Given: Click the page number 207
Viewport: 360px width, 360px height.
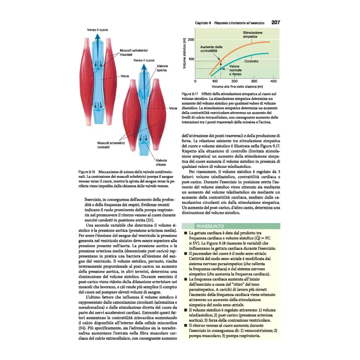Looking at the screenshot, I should pos(276,22).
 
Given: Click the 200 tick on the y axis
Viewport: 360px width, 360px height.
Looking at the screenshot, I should pos(191,40).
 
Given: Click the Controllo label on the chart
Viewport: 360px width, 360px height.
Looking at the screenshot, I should pos(251,61).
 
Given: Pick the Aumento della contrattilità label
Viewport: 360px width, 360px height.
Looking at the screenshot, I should pos(212,49).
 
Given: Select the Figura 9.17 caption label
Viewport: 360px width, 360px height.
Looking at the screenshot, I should pos(191,93).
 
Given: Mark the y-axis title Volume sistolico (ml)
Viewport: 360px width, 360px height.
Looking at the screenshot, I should pos(184,54).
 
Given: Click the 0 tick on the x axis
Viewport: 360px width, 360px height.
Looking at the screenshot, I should pos(195,81).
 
